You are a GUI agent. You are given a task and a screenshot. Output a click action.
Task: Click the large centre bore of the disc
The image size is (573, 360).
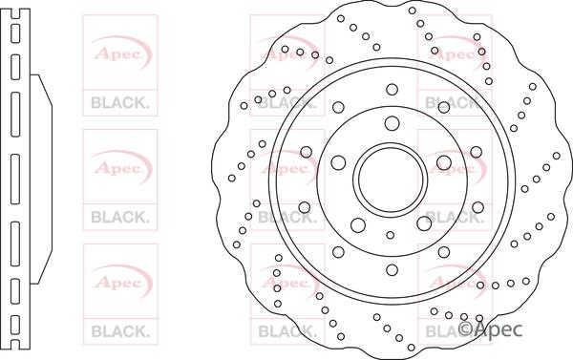click(x=393, y=178)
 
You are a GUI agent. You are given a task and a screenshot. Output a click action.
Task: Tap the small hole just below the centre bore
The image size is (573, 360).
click(x=391, y=235)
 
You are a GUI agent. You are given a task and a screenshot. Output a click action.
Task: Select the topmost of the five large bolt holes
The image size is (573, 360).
click(x=393, y=123)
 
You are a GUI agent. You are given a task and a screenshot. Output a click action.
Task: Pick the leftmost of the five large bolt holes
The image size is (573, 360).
click(x=338, y=162)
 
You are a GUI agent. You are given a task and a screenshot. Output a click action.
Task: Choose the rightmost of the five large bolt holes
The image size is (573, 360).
click(x=444, y=162)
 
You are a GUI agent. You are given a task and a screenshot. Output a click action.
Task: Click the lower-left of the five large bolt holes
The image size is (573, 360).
click(x=358, y=225)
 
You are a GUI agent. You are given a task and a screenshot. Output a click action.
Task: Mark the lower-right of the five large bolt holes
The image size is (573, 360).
click(x=424, y=223)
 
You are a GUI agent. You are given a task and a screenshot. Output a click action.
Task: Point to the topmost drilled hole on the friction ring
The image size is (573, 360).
click(x=413, y=11)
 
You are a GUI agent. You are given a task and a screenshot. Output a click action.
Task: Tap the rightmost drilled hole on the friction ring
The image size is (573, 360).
click(x=556, y=156)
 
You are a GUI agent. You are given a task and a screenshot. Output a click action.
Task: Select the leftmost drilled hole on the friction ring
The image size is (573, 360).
click(x=232, y=178)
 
